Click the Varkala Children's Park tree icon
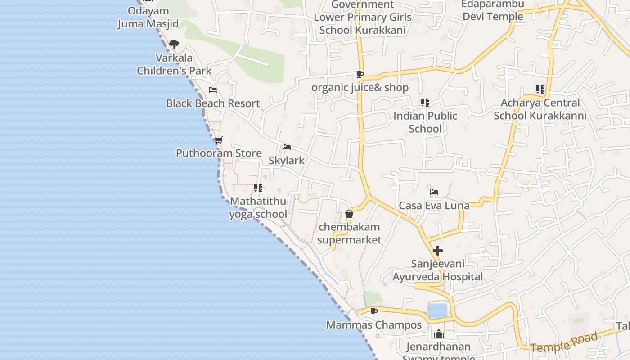pyautogui.click(x=174, y=45)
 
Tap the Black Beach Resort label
pyautogui.click(x=213, y=103)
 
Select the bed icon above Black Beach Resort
pyautogui.click(x=213, y=90)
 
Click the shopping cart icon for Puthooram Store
pyautogui.click(x=219, y=140)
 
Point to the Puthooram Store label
pyautogui.click(x=219, y=153)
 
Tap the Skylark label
pyautogui.click(x=286, y=161)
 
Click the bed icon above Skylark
pyautogui.click(x=286, y=147)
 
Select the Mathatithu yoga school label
pyautogui.click(x=258, y=207)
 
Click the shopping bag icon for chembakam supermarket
pyautogui.click(x=349, y=214)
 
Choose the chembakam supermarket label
pyautogui.click(x=349, y=233)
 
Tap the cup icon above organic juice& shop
pyautogui.click(x=360, y=74)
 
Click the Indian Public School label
pyautogui.click(x=425, y=122)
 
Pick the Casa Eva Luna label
pyautogui.click(x=434, y=206)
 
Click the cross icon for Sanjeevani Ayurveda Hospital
pyautogui.click(x=438, y=251)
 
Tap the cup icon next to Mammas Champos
pyautogui.click(x=373, y=311)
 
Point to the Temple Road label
pyautogui.click(x=564, y=342)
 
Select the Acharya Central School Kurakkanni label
pyautogui.click(x=540, y=109)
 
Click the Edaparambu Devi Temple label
pyautogui.click(x=493, y=10)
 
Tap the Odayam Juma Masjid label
pyautogui.click(x=148, y=17)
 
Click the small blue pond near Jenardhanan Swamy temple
pyautogui.click(x=438, y=311)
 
